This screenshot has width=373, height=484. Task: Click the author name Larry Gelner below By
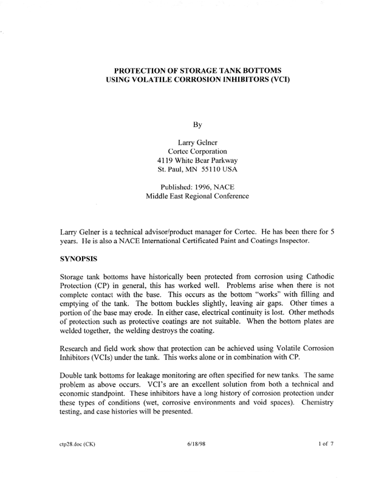point(197,143)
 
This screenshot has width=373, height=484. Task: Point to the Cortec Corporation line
point(197,153)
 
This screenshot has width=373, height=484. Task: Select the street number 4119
point(166,163)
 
